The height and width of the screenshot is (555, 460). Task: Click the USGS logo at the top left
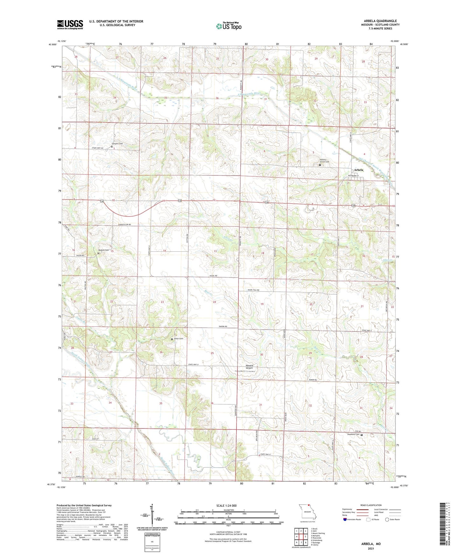(x=70, y=24)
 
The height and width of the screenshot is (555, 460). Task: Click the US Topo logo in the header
(x=229, y=26)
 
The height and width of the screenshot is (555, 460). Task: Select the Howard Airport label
(x=249, y=367)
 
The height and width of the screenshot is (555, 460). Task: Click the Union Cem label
(x=179, y=339)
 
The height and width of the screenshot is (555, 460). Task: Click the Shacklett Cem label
(x=353, y=434)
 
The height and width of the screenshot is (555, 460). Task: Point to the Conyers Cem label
(x=117, y=144)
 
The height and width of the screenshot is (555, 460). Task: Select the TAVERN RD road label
(x=223, y=327)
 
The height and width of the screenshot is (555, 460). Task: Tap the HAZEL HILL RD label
(x=254, y=290)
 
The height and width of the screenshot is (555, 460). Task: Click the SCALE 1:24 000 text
(x=226, y=506)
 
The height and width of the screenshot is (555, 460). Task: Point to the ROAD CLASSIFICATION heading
(x=371, y=505)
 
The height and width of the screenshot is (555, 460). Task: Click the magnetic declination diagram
(x=152, y=515)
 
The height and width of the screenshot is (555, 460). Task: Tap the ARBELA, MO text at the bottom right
(x=371, y=544)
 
